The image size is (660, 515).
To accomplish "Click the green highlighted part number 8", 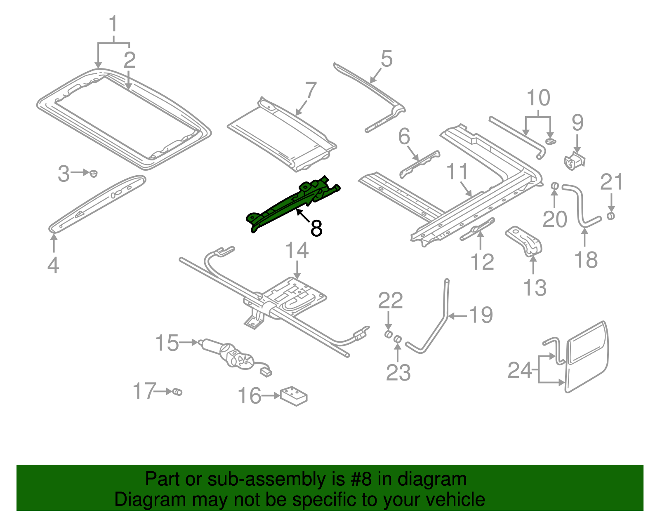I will click(x=289, y=204).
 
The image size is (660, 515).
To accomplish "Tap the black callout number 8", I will click(x=316, y=228).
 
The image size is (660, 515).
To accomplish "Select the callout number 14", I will click(x=297, y=250).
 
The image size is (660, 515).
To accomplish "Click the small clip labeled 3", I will click(x=94, y=173).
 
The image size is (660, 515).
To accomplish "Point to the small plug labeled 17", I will click(x=177, y=391).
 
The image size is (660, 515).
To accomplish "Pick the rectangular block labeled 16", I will click(x=294, y=395).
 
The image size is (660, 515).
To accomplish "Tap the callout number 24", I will click(x=520, y=370).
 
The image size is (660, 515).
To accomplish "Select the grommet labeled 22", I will click(x=388, y=334).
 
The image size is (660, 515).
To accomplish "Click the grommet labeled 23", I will click(x=398, y=339).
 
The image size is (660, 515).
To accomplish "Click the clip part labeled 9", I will click(x=574, y=161).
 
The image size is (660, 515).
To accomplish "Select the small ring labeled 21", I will click(x=611, y=216).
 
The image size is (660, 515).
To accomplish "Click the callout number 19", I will click(x=481, y=315).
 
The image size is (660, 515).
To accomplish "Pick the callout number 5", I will click(x=387, y=59).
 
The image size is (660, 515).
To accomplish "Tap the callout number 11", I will click(x=457, y=172).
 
